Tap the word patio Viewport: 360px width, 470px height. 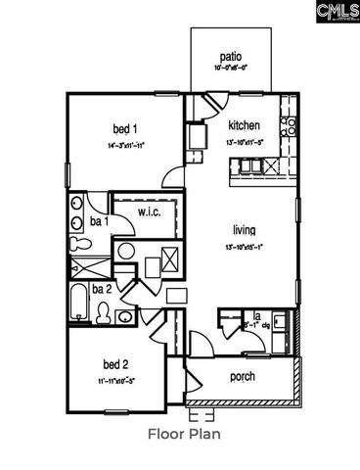tap(231, 57)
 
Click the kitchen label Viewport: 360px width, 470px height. tap(244, 125)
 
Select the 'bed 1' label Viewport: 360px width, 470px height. tap(124, 130)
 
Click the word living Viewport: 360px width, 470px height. tap(244, 230)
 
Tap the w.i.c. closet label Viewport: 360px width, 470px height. tap(149, 211)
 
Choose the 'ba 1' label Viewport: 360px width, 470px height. tap(99, 222)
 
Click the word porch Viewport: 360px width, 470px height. tap(243, 376)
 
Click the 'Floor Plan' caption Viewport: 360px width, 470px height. tap(183, 432)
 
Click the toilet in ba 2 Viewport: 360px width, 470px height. tap(103, 312)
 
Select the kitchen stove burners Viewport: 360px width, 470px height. tap(289, 126)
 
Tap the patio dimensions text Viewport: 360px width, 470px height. tap(231, 70)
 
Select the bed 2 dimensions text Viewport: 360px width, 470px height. tap(115, 380)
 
